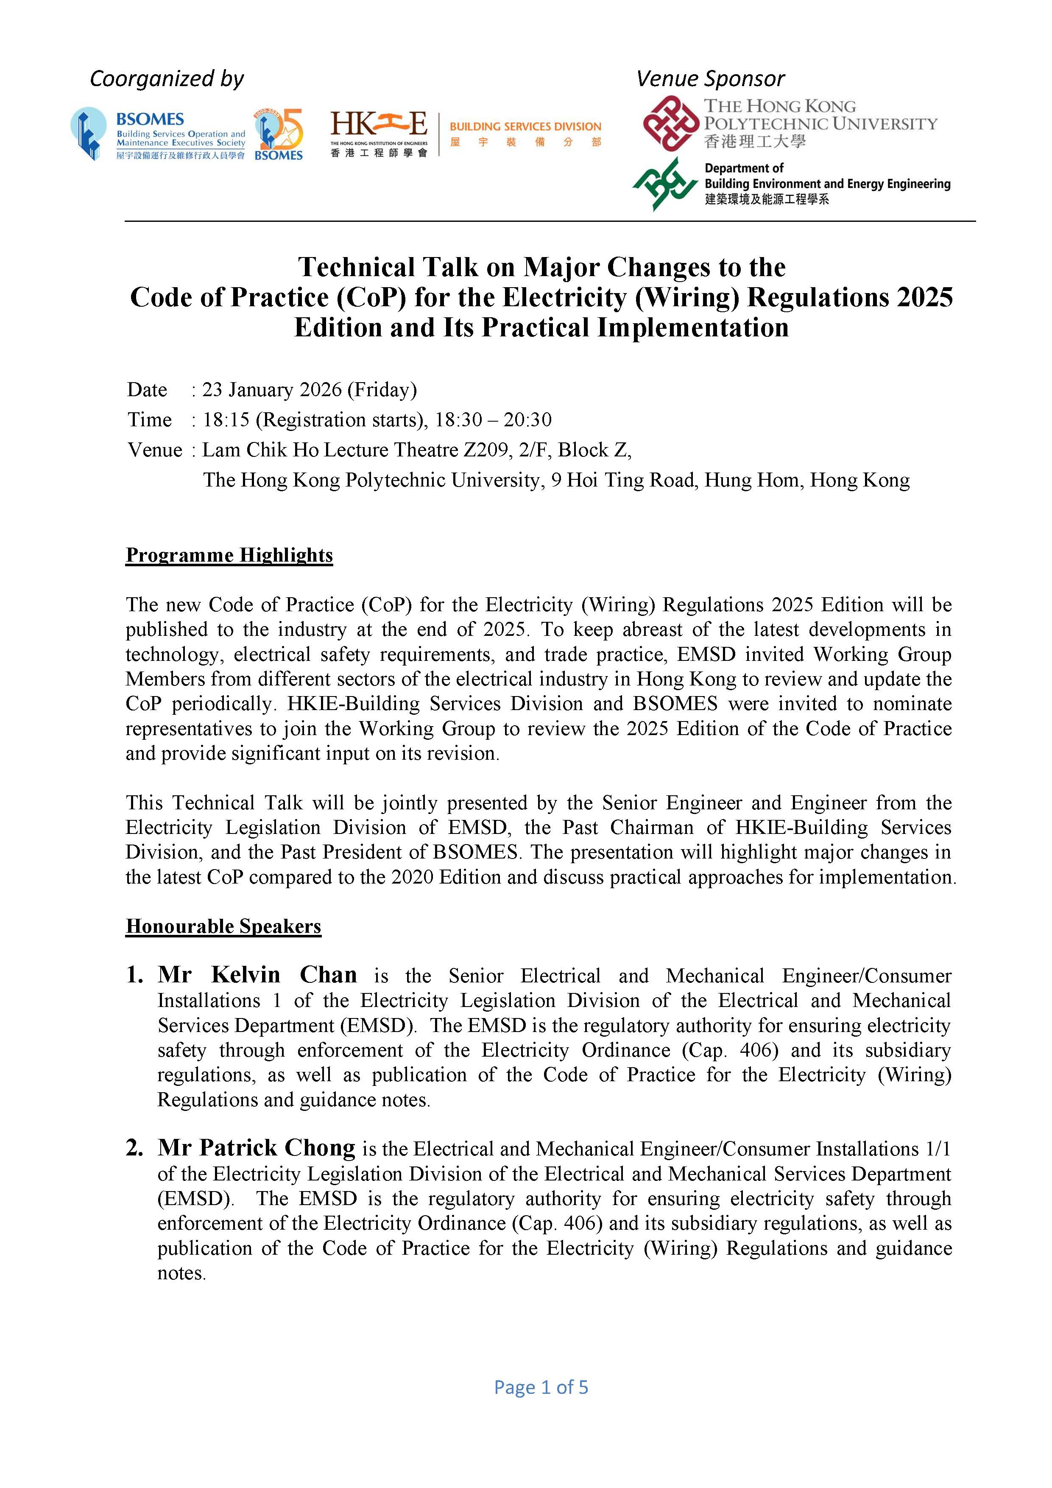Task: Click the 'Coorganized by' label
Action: [x=167, y=79]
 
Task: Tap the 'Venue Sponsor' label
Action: [x=710, y=79]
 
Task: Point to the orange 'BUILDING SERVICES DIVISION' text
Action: [x=525, y=127]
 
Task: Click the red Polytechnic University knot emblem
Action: [x=670, y=123]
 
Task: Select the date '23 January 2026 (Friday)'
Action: [x=310, y=389]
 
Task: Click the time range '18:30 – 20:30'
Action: [x=493, y=420]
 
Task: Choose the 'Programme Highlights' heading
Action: [x=229, y=555]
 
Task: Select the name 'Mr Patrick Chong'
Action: [x=257, y=1148]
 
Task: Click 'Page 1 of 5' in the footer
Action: [x=541, y=1387]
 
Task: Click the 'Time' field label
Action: [x=150, y=420]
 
